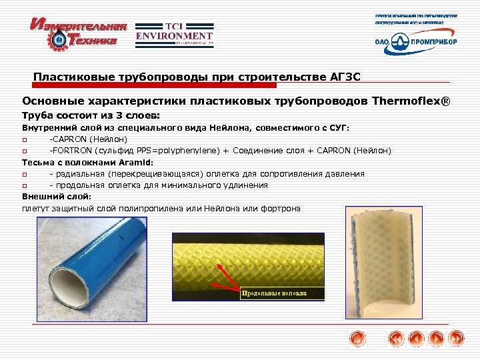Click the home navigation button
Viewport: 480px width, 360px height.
click(358, 339)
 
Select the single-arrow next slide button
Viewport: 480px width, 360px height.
click(436, 339)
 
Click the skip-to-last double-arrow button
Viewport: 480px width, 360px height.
click(456, 339)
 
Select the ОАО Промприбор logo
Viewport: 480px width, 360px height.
click(416, 41)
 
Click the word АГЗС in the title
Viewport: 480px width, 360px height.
click(344, 76)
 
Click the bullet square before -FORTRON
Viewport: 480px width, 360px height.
click(25, 151)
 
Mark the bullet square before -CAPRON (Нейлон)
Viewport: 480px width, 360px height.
click(25, 139)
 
